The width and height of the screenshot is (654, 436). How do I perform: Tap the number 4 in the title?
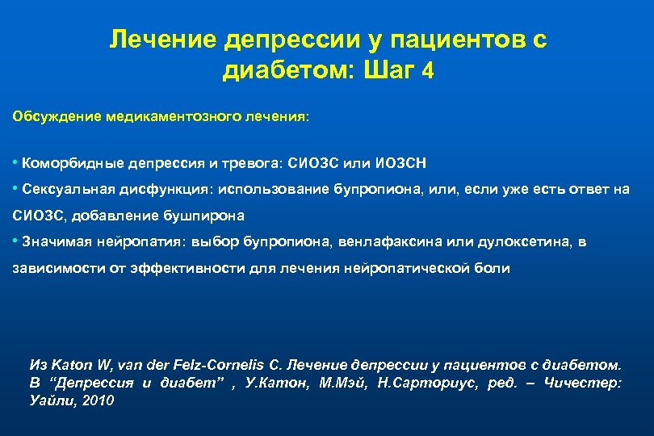point(428,71)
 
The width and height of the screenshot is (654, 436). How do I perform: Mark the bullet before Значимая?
point(16,242)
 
